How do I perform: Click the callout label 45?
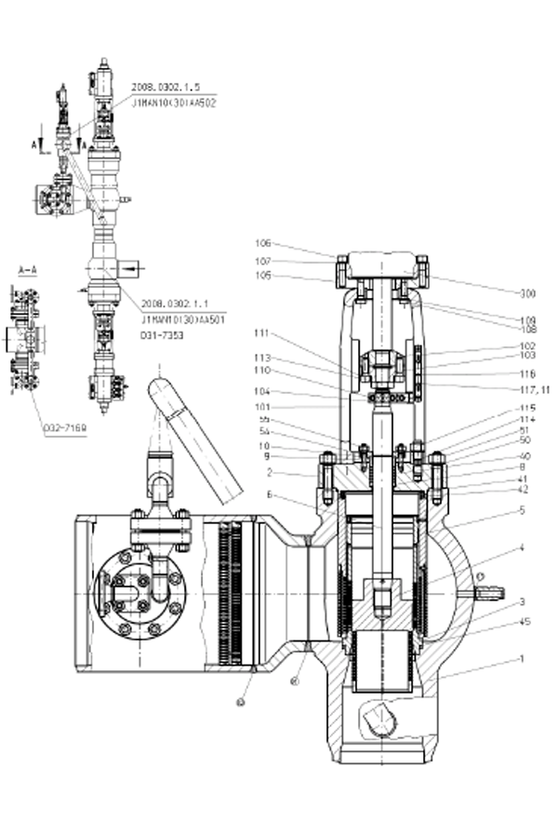[525, 622]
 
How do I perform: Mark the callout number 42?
[524, 489]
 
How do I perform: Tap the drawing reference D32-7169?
[64, 427]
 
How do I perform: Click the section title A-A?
[28, 269]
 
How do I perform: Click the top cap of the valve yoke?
[382, 263]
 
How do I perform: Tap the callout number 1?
[522, 659]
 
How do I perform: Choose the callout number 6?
[269, 493]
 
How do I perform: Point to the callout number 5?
[523, 509]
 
